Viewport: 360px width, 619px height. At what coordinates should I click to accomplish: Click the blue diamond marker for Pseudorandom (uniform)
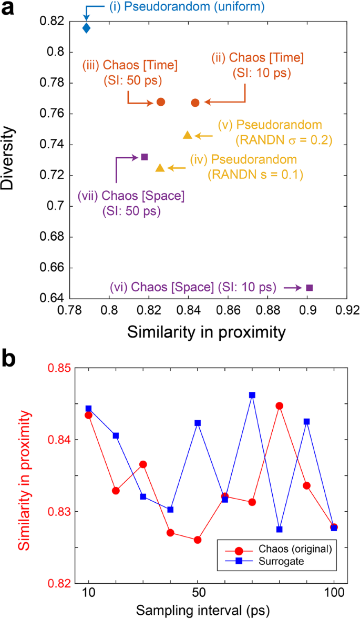pos(87,28)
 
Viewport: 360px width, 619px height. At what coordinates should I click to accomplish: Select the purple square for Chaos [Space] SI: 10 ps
pos(310,287)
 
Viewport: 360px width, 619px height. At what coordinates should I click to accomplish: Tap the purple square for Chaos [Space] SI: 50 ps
pos(145,157)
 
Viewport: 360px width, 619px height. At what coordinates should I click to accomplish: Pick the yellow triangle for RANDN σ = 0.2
pos(187,135)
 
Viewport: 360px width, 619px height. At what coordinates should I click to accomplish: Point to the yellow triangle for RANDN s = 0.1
pos(160,168)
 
